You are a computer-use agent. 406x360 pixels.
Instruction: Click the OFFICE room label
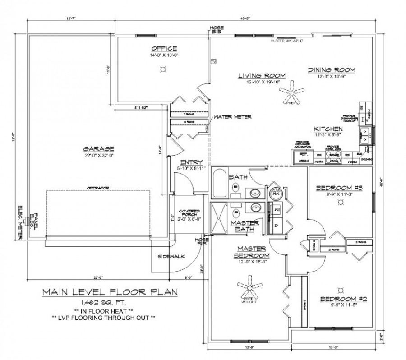click(x=164, y=48)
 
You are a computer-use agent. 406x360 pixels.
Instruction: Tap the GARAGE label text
click(x=98, y=148)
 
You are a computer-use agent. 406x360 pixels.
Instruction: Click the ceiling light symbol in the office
click(x=163, y=69)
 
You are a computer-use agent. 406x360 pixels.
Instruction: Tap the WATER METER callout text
click(x=233, y=117)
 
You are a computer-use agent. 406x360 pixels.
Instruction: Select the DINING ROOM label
click(x=332, y=70)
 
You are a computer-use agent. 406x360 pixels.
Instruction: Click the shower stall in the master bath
click(x=219, y=218)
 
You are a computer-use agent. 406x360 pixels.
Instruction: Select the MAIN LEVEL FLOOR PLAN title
click(x=110, y=292)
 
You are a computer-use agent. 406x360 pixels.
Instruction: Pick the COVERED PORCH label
click(x=186, y=212)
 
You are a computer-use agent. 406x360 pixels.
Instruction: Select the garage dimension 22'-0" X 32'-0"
click(x=98, y=156)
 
